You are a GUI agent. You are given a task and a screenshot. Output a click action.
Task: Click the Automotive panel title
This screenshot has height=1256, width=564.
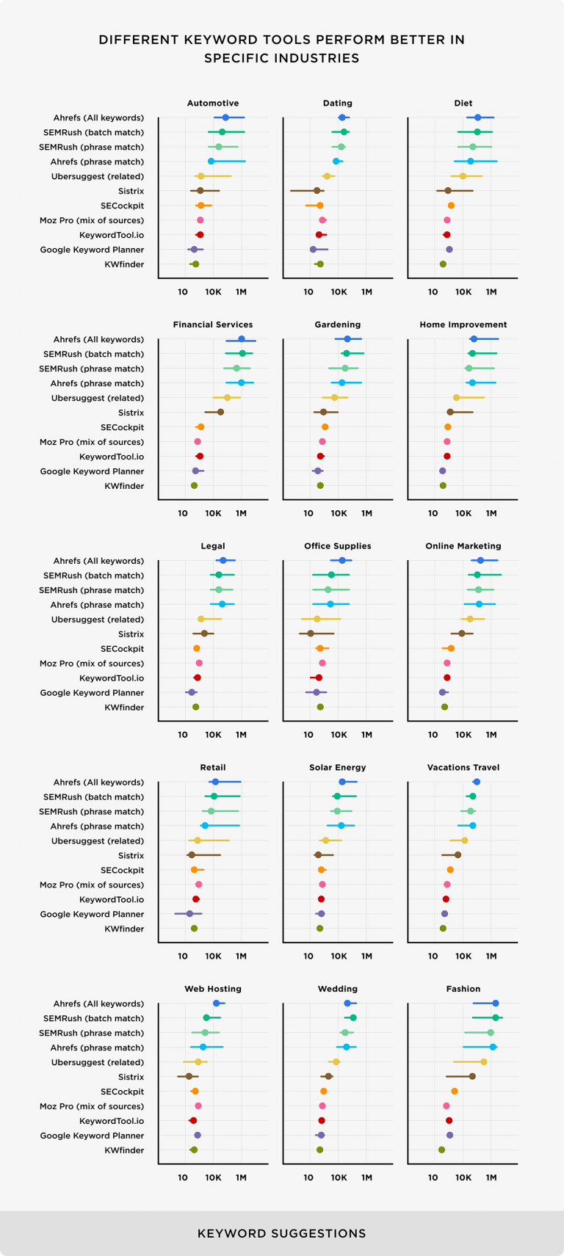click(x=213, y=104)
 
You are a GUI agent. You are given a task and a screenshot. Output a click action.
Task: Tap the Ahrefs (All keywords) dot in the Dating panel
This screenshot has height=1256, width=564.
click(x=342, y=117)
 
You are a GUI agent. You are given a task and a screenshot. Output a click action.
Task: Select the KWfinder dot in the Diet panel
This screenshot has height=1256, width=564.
click(x=443, y=264)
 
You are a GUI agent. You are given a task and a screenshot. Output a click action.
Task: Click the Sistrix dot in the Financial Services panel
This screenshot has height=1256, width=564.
click(x=220, y=413)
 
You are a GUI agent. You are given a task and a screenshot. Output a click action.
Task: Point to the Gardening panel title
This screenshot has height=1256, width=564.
click(x=337, y=325)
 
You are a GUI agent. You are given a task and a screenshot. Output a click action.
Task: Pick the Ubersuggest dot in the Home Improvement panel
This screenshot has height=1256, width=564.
click(x=456, y=398)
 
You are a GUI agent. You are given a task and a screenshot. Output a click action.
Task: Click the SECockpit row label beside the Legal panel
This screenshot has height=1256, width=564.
click(x=122, y=649)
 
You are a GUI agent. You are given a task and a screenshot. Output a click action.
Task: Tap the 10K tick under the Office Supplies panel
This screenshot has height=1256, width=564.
click(x=339, y=735)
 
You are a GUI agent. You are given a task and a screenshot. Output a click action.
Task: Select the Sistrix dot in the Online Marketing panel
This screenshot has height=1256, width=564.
click(x=462, y=634)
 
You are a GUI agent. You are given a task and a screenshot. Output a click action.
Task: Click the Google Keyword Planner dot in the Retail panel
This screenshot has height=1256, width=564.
click(x=189, y=914)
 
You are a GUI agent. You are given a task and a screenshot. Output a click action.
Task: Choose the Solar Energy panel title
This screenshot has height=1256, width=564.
click(x=337, y=768)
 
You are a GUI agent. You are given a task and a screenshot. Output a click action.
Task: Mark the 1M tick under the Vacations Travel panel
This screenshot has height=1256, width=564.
click(x=491, y=956)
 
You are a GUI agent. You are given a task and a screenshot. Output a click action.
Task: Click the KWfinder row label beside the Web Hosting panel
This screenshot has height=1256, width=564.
click(x=124, y=1150)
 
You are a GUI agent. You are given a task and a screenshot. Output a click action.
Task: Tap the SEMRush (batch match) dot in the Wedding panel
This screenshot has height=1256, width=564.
click(x=353, y=1018)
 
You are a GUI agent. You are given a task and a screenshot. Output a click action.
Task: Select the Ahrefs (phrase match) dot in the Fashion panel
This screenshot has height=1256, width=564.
click(x=493, y=1048)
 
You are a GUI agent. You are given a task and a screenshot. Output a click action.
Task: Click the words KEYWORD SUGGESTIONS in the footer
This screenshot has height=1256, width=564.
click(x=281, y=1233)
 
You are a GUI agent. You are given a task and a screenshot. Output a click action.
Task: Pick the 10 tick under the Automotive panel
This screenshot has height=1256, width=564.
click(x=183, y=292)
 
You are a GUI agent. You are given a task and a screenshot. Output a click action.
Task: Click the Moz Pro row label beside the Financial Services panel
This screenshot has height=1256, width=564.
click(x=92, y=442)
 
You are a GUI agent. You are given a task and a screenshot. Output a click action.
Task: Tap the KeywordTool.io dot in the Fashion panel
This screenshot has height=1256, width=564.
click(x=449, y=1121)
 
